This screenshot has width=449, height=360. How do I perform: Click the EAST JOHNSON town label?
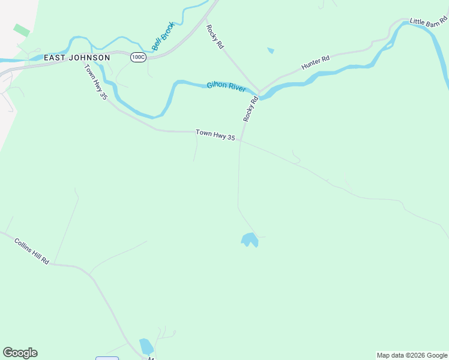click(x=77, y=58)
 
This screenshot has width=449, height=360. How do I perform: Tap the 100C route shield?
click(x=138, y=57)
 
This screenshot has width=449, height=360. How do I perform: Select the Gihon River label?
click(x=226, y=86)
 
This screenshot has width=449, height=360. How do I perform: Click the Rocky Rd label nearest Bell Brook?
click(x=214, y=37)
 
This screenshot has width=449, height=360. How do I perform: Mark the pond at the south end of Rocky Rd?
click(x=250, y=240)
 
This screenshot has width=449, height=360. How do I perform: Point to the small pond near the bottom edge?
click(x=146, y=347)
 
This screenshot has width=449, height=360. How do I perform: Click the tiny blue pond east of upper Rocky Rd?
click(x=271, y=50)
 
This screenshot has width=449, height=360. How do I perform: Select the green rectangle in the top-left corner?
click(x=22, y=30)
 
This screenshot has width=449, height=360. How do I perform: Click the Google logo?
click(x=20, y=353)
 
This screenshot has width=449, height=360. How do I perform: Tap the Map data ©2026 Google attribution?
click(x=412, y=355)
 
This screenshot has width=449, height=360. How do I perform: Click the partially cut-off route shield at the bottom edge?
click(x=107, y=358)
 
